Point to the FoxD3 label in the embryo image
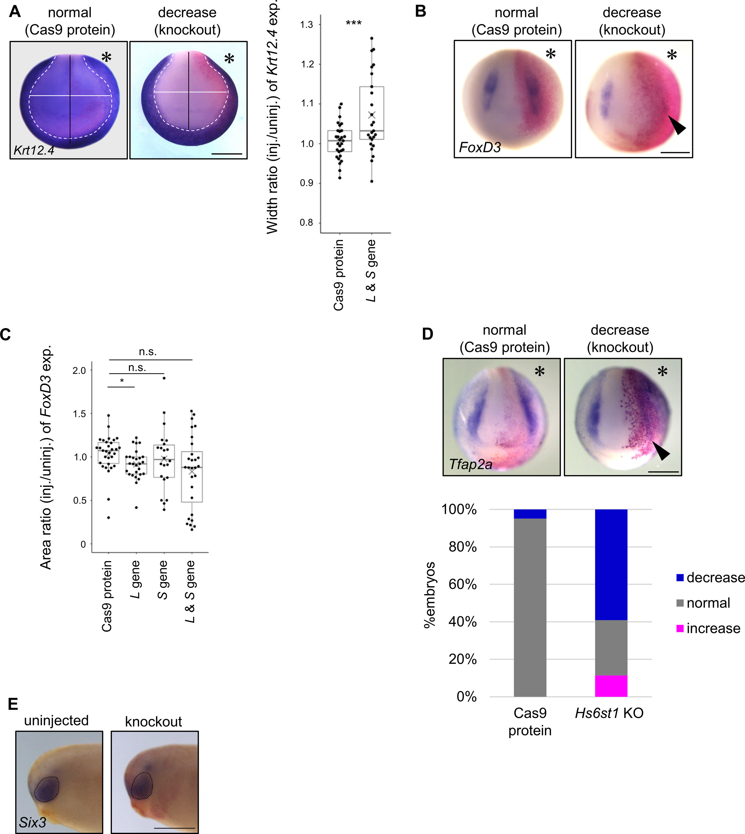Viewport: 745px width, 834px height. (x=480, y=147)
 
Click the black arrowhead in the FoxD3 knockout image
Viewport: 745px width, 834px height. (x=678, y=125)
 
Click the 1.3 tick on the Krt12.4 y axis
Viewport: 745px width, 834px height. (x=306, y=25)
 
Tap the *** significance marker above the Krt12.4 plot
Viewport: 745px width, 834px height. (x=354, y=23)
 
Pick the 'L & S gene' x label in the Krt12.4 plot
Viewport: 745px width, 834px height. (x=371, y=271)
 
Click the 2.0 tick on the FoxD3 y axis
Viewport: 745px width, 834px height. (x=79, y=370)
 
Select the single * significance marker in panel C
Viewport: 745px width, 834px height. (x=121, y=381)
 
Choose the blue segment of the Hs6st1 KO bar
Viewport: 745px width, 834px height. (x=611, y=565)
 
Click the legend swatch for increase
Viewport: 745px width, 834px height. (x=680, y=629)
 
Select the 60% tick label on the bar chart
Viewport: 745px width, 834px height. (x=463, y=584)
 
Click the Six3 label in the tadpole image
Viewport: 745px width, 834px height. (x=32, y=822)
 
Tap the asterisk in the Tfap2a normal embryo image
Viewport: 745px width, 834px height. (x=540, y=371)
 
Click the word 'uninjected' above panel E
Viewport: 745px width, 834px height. (x=56, y=720)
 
